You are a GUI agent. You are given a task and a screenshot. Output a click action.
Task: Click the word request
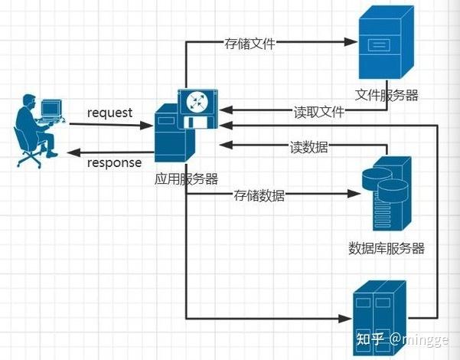coord(109,113)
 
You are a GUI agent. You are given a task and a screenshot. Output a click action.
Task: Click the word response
coord(114,162)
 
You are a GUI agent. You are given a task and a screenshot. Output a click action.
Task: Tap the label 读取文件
coord(319,112)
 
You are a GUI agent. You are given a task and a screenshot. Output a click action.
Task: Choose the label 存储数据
coord(259,196)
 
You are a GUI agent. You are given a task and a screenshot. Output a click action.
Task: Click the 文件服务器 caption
coord(387,94)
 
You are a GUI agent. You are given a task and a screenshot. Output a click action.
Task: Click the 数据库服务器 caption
coord(387,248)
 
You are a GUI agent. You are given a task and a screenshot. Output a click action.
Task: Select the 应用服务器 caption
coord(186,179)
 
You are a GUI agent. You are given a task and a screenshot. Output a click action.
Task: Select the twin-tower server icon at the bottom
coord(379,314)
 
